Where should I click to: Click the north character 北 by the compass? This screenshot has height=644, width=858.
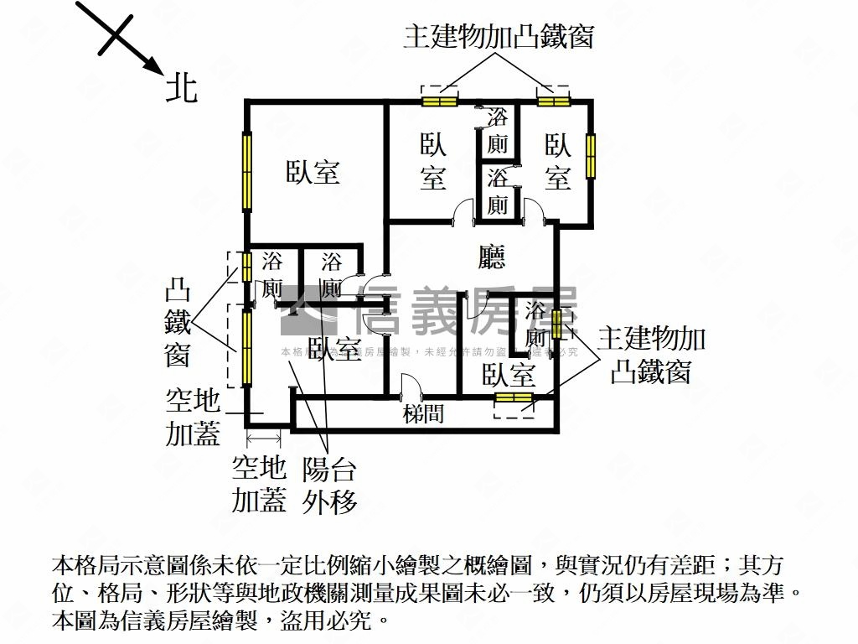coord(182,87)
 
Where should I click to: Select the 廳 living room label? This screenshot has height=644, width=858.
coord(492,256)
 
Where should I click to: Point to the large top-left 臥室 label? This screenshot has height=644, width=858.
coord(313,173)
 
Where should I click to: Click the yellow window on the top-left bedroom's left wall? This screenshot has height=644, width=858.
coord(247,172)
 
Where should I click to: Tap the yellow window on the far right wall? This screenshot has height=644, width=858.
coord(592,155)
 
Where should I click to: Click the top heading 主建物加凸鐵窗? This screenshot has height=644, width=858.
coord(498,38)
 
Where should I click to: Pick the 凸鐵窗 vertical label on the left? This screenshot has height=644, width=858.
coord(177,325)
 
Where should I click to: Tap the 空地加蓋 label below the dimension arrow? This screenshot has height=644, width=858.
coord(259,485)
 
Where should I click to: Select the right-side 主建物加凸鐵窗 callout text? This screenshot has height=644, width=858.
coord(651,356)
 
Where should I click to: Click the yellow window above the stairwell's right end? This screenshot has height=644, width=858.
coord(514,397)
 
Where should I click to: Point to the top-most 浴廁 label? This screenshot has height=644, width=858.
coord(498,130)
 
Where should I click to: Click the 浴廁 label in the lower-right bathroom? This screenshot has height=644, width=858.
coord(535,325)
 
